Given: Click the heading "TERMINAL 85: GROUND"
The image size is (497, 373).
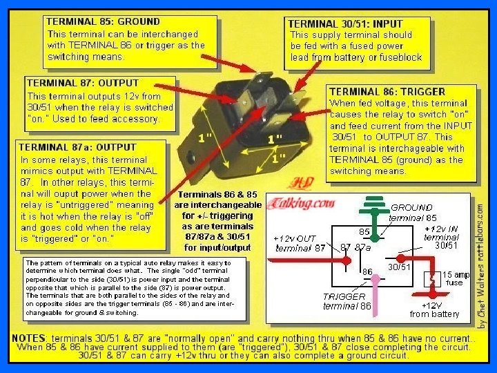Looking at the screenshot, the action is (103, 21).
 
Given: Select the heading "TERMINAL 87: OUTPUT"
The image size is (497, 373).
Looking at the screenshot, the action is (82, 84).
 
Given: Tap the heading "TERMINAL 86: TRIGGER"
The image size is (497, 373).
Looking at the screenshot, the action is (387, 91).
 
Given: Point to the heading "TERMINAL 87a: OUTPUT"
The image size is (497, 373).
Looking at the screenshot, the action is (77, 147).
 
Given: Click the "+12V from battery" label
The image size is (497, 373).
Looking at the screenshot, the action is (434, 309).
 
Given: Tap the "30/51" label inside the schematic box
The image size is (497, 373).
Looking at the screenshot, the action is (399, 267).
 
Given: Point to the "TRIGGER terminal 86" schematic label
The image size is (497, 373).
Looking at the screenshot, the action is (347, 301).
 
